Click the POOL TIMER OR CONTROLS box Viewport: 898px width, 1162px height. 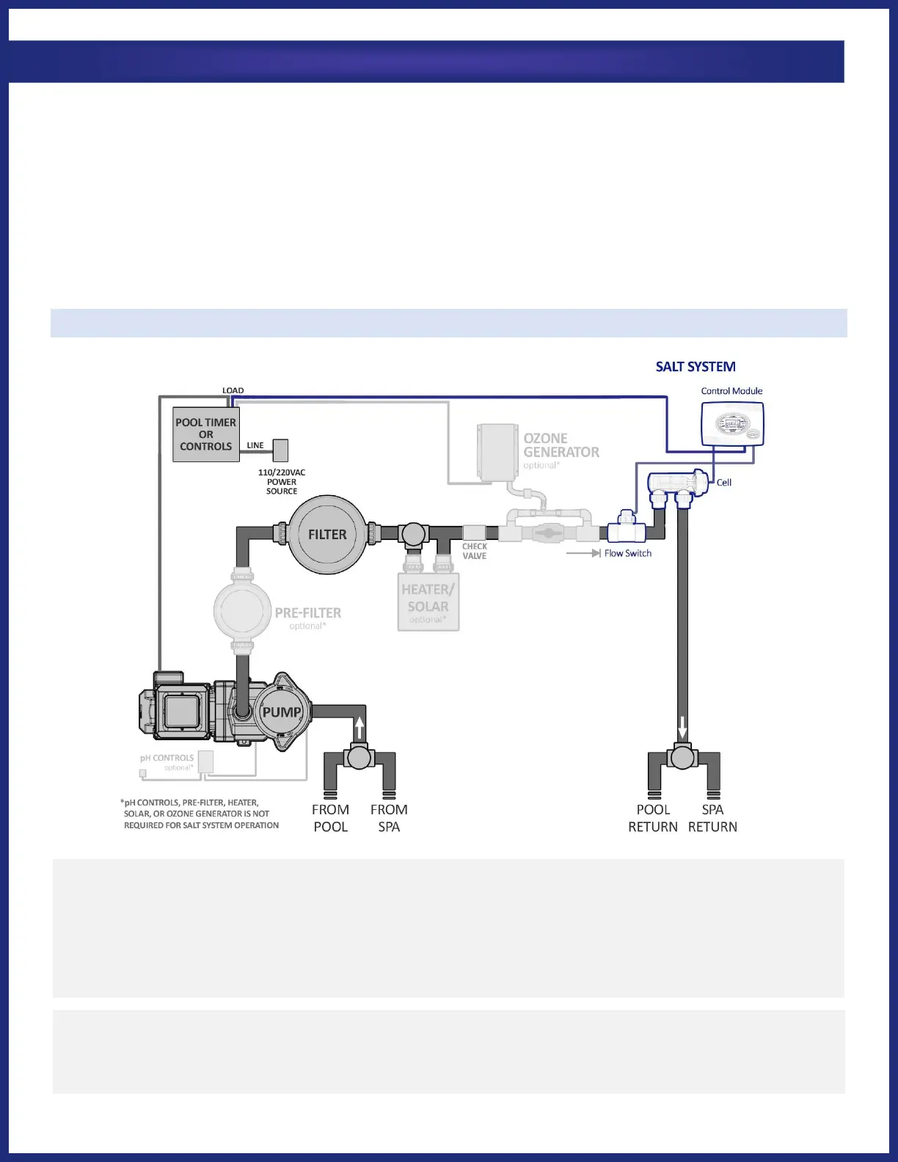206,434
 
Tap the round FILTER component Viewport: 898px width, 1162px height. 327,535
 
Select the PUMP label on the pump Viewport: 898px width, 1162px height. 282,712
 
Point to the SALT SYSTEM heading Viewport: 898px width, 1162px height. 696,367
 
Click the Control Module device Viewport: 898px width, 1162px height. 732,425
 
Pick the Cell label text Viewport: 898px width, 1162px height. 724,483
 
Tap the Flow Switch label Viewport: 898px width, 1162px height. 627,553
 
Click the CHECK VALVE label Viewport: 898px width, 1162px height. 475,551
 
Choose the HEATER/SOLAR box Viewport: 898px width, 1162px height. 428,602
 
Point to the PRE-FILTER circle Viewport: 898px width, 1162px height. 238,610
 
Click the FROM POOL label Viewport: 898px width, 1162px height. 330,818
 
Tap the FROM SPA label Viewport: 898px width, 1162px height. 389,818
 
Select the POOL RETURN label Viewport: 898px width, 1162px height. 653,818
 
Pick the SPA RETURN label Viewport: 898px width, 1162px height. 712,818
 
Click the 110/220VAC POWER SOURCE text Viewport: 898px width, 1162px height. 282,482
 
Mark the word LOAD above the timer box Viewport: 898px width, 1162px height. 233,391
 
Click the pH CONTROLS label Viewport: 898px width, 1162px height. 167,759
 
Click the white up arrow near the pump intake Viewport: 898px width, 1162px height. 359,728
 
